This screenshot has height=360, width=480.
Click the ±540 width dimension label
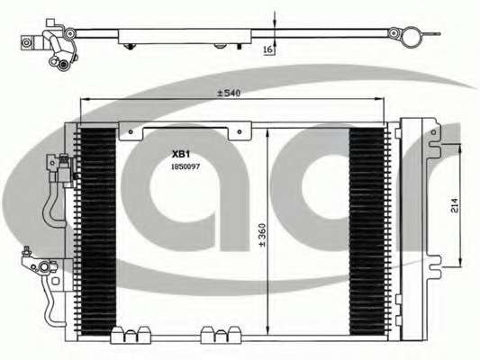pyautogui.click(x=229, y=93)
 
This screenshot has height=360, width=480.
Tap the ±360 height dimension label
pyautogui.click(x=263, y=235)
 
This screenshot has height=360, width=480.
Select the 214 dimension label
pyautogui.click(x=454, y=205)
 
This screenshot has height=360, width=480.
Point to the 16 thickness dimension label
pyautogui.click(x=267, y=50)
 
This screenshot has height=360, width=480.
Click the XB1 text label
pyautogui.click(x=181, y=154)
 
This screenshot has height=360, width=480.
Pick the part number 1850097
pyautogui.click(x=186, y=166)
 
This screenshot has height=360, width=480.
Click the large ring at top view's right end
pyautogui.click(x=411, y=37)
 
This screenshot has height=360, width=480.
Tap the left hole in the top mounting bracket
pyautogui.click(x=131, y=132)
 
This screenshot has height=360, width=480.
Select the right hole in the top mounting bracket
pyautogui.click(x=240, y=132)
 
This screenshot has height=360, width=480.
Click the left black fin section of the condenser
pyautogui.click(x=98, y=231)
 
